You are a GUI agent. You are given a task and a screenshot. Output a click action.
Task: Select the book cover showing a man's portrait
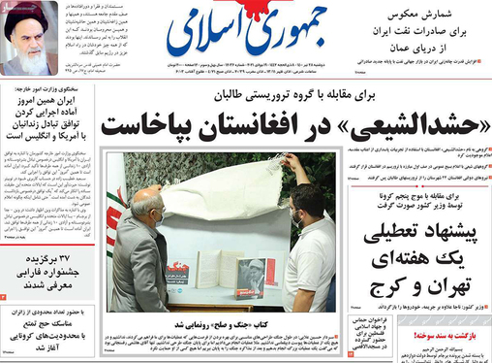tap(250, 275)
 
